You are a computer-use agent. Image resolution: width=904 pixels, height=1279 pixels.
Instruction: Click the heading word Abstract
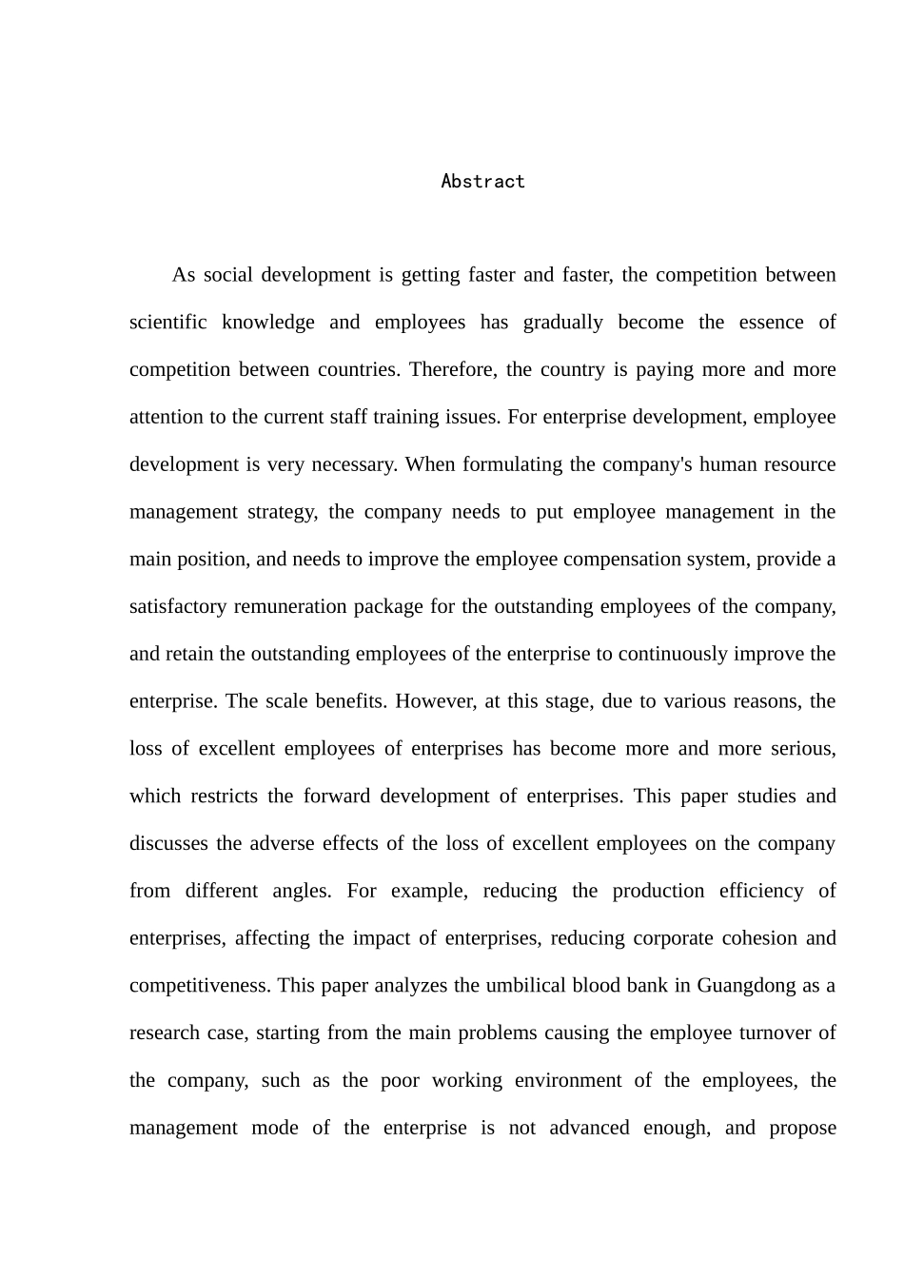click(x=482, y=182)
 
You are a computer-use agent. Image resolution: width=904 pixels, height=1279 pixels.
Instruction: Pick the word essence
click(x=772, y=322)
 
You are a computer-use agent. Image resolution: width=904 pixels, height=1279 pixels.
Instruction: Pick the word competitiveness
click(x=199, y=985)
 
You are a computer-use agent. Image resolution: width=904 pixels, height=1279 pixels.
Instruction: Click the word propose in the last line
click(x=802, y=1128)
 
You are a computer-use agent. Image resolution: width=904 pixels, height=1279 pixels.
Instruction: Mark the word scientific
click(x=167, y=322)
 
